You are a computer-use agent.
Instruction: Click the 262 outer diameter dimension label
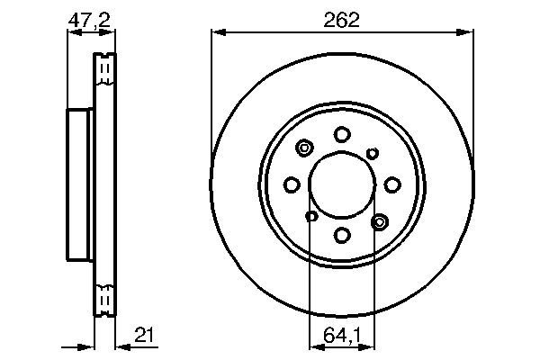click(342, 20)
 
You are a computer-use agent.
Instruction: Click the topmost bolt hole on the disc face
click(342, 134)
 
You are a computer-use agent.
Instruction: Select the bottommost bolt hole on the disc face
click(342, 236)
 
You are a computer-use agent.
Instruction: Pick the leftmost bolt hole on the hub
click(291, 184)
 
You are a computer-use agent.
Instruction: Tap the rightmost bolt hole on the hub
click(392, 184)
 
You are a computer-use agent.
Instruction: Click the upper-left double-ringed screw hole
click(304, 148)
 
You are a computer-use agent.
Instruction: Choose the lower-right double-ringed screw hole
click(379, 220)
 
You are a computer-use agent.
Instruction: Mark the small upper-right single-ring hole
click(373, 153)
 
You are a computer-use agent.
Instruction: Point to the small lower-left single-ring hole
click(311, 216)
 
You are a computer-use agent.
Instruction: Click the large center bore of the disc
click(342, 184)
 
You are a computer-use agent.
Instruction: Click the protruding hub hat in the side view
click(80, 184)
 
